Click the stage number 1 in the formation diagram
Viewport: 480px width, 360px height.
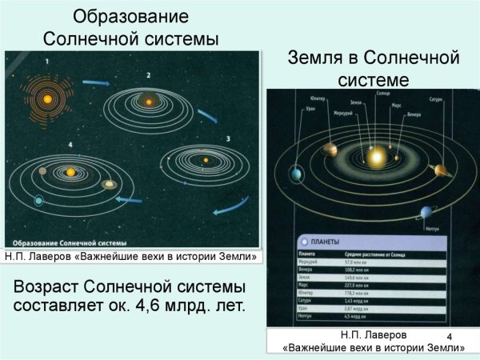pyautogui.click(x=47, y=62)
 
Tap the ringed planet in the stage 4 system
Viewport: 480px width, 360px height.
pyautogui.click(x=109, y=185)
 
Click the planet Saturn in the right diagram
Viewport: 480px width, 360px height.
pyautogui.click(x=439, y=170)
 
